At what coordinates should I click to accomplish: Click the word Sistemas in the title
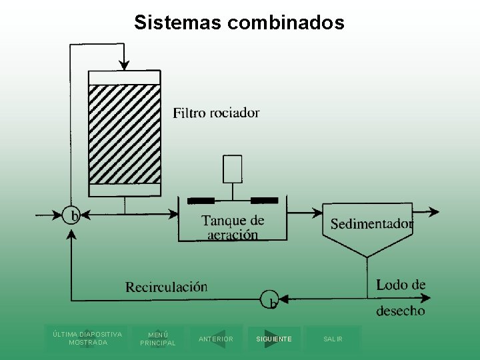tap(178, 23)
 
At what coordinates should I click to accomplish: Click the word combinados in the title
tap(286, 23)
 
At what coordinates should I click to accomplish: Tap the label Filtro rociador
tap(216, 113)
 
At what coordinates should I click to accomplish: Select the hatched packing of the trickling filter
tap(125, 133)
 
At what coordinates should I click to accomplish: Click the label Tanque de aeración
tap(233, 227)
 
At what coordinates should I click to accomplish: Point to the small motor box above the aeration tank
tap(233, 168)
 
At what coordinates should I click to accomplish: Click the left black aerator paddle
tap(201, 200)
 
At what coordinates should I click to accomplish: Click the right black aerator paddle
tap(264, 200)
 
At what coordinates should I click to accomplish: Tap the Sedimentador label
tap(371, 224)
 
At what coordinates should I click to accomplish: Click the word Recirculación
tap(167, 287)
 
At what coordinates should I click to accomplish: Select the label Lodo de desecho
tap(401, 297)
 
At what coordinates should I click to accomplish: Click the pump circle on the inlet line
tap(72, 215)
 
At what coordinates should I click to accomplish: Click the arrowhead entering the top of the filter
tap(124, 64)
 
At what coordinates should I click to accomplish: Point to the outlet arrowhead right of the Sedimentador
tap(434, 213)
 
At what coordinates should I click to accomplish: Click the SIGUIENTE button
tap(274, 339)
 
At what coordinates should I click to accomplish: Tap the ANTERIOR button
tap(216, 339)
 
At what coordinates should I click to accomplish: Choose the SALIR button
tap(333, 339)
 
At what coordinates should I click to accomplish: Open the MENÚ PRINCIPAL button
tap(158, 339)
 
